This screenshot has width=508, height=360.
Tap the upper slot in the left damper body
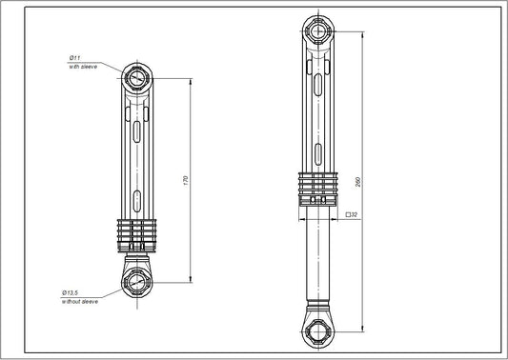[137, 130]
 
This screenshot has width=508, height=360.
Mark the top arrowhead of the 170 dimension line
[193, 82]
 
